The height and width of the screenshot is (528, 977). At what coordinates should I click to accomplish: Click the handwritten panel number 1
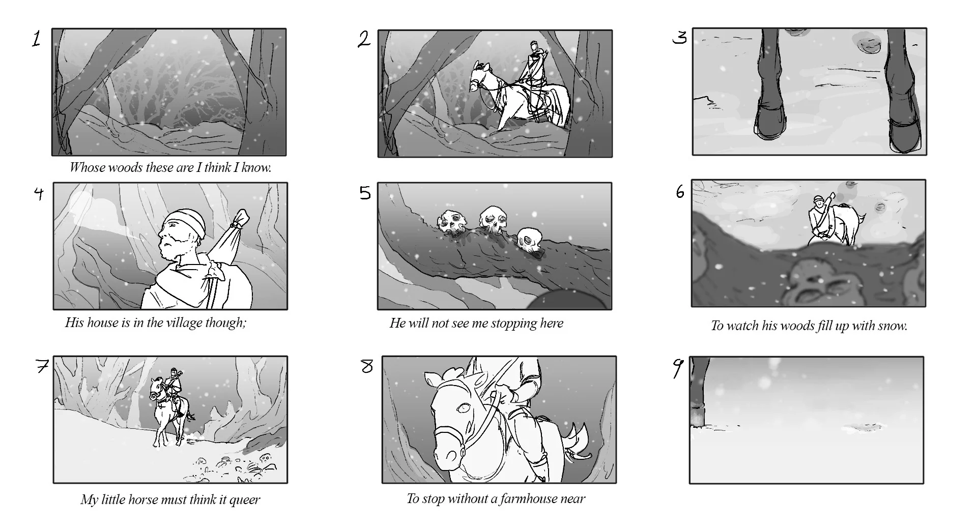coord(36,39)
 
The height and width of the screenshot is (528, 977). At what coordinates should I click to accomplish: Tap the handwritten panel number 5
coord(365,193)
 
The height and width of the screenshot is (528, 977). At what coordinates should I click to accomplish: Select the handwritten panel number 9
coord(678,368)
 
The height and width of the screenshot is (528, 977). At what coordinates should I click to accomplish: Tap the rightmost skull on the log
coord(530,241)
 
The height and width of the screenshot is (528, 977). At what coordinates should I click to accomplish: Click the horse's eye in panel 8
coord(463,408)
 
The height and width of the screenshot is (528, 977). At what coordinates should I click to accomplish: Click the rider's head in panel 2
coord(534,47)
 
